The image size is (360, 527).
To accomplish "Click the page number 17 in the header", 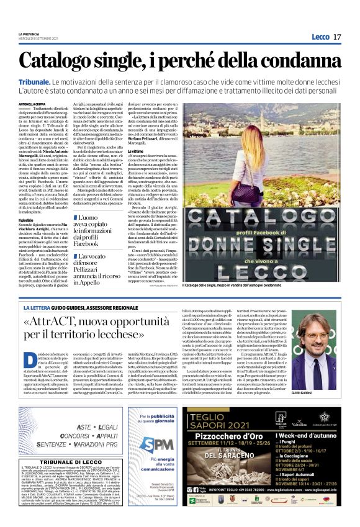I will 337,37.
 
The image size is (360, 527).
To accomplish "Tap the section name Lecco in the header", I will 320,37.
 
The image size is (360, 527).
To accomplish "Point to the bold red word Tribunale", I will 35,81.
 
